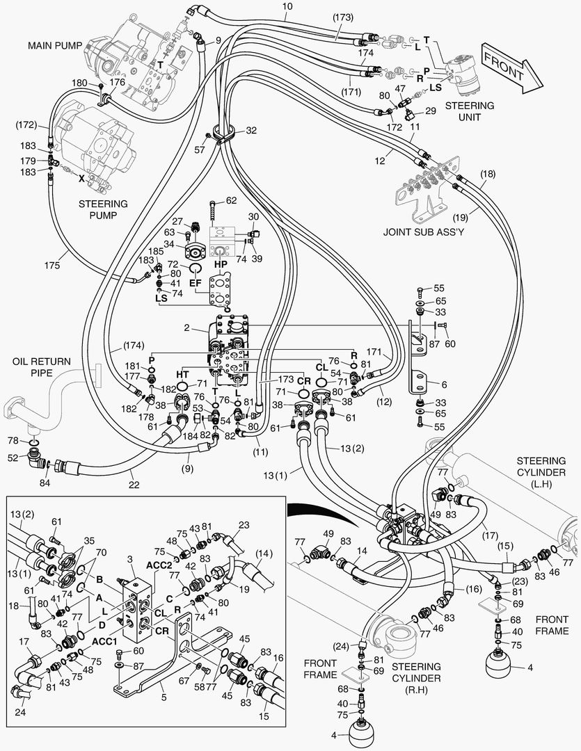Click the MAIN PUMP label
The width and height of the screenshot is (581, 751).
point(55,45)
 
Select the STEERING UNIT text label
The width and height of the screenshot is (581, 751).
point(469,111)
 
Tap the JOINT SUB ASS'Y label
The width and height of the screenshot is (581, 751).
point(423,232)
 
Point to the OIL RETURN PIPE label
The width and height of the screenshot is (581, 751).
point(41,367)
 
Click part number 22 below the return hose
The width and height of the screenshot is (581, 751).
point(134,485)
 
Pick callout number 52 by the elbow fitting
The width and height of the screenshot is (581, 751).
point(13,458)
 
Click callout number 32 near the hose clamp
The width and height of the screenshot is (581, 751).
point(252,130)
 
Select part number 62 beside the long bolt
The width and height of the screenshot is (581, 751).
point(231,200)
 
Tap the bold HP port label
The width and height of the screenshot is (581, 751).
point(221,264)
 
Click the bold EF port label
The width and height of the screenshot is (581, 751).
point(195,282)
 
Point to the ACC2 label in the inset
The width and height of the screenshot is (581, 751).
point(159,565)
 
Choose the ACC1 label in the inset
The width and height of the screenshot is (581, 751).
point(104,641)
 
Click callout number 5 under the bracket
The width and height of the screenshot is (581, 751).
point(164,697)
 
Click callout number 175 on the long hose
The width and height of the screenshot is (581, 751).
point(53,265)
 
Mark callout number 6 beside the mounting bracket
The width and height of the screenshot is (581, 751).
point(444,384)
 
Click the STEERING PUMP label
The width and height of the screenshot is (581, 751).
point(103,209)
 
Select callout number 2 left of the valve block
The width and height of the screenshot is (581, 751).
point(187,328)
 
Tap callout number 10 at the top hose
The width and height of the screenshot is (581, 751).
point(287,7)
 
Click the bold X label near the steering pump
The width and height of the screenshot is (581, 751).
point(81,179)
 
